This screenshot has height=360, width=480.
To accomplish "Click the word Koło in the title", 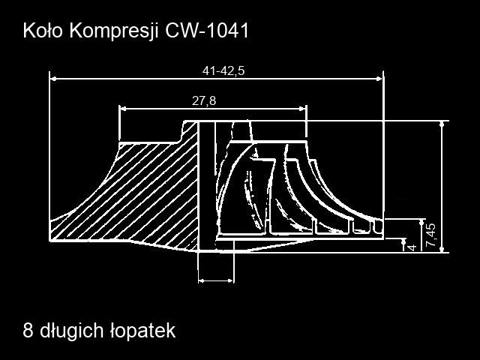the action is (43, 31).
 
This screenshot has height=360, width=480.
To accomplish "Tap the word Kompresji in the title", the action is (114, 31).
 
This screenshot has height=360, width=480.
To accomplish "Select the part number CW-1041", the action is (207, 31).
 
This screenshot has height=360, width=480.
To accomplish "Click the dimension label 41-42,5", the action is (223, 71).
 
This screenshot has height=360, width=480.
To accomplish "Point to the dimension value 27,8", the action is (204, 100).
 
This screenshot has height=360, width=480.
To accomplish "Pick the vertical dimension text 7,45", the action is (430, 235).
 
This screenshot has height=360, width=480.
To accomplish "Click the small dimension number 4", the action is (412, 247).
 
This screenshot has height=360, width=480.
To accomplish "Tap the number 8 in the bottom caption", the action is (28, 331).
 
